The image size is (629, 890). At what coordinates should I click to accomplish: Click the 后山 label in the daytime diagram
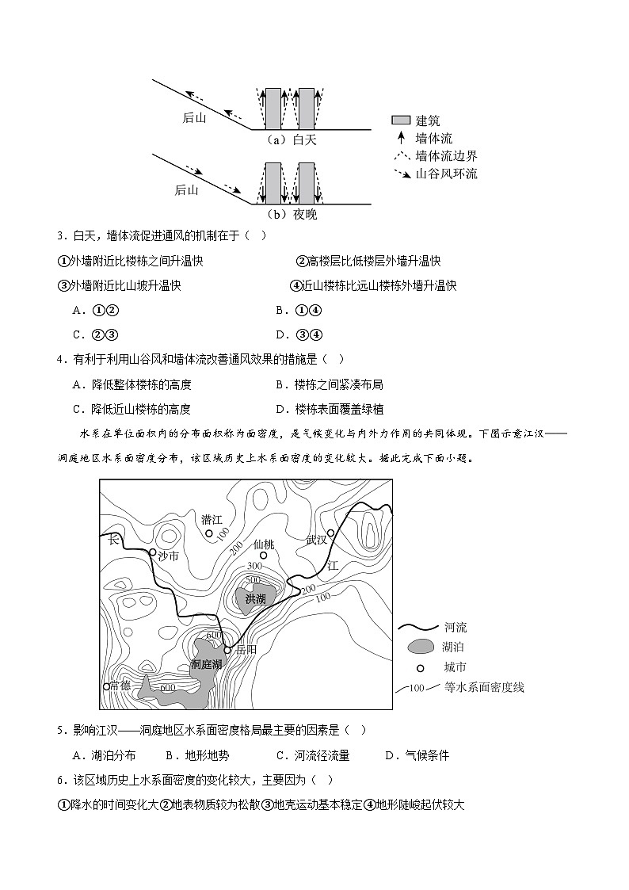194,118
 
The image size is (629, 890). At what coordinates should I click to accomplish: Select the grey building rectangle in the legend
401,120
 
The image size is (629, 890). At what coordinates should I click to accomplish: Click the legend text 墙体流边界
446,156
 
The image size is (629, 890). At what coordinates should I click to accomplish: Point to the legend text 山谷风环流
446,174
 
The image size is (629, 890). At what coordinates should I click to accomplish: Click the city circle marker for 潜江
209,533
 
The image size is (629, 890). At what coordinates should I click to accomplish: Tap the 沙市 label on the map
168,556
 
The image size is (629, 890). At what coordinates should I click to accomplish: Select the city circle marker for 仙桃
264,556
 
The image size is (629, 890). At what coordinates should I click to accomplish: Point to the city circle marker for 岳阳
227,649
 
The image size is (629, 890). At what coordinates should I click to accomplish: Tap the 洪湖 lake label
256,598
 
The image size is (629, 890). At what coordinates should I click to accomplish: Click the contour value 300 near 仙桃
254,567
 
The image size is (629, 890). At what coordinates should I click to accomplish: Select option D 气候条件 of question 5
417,755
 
